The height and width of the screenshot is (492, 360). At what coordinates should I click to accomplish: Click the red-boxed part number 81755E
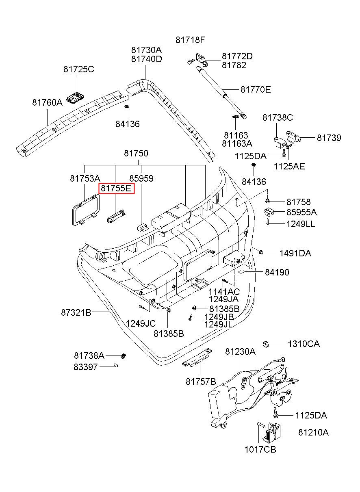pyautogui.click(x=116, y=189)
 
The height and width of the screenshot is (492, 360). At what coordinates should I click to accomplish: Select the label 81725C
pyautogui.click(x=79, y=69)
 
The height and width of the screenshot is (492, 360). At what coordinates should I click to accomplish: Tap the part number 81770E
pyautogui.click(x=256, y=90)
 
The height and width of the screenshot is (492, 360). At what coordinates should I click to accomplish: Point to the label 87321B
pyautogui.click(x=76, y=312)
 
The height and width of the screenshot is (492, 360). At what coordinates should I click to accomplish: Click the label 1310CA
pyautogui.click(x=304, y=344)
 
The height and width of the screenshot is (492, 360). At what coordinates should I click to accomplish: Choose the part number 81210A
pyautogui.click(x=313, y=432)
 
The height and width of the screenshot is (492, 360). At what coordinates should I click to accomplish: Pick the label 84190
pyautogui.click(x=277, y=272)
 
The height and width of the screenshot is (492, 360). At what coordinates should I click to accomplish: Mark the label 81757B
pyautogui.click(x=201, y=381)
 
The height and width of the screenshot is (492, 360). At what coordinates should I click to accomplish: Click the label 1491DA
pyautogui.click(x=295, y=253)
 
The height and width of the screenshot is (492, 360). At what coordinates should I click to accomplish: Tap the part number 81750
pyautogui.click(x=136, y=153)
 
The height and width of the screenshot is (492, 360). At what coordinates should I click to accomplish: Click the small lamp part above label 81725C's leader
pyautogui.click(x=76, y=98)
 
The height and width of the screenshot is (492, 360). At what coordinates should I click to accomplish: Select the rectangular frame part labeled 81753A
pyautogui.click(x=85, y=210)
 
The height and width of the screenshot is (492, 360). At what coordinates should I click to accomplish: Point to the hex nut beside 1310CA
pyautogui.click(x=265, y=344)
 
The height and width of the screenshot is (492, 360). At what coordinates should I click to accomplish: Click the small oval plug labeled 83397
pyautogui.click(x=115, y=365)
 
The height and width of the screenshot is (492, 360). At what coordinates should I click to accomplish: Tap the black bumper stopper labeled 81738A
pyautogui.click(x=124, y=355)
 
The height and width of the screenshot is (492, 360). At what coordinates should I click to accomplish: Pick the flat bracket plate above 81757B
pyautogui.click(x=197, y=358)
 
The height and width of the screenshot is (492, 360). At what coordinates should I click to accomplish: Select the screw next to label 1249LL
pyautogui.click(x=268, y=221)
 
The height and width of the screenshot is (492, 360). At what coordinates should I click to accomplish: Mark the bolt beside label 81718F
pyautogui.click(x=191, y=61)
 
